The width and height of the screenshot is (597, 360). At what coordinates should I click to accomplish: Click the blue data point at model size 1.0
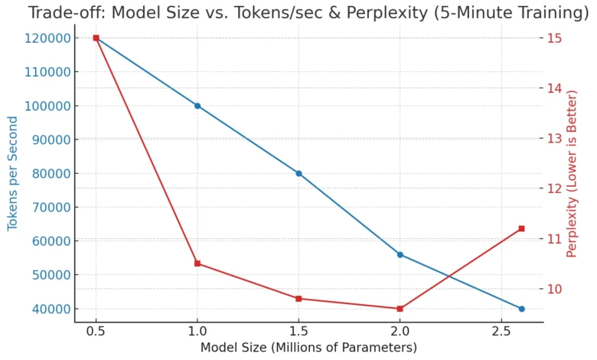pos(197,106)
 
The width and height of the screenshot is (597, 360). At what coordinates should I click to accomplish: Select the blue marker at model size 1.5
pos(298,173)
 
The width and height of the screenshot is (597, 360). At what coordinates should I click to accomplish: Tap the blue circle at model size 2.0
pos(400,254)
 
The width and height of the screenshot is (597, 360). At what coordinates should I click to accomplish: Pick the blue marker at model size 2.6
pos(521,309)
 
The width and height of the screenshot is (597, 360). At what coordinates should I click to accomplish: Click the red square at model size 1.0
pos(197,263)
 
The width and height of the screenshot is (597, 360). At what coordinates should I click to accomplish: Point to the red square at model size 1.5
pos(298,299)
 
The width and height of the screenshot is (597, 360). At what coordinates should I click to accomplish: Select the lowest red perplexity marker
pos(400,309)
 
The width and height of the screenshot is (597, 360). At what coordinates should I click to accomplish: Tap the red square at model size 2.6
pos(521,228)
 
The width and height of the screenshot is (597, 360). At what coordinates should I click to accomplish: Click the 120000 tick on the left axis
pos(47,38)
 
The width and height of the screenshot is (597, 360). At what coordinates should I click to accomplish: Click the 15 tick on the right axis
pos(554,38)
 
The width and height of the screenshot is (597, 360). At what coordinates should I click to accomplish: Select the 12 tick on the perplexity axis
pos(554,188)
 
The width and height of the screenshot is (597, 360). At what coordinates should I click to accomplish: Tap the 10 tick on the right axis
pos(554,289)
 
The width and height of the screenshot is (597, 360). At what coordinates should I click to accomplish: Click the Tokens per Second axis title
pos(13,173)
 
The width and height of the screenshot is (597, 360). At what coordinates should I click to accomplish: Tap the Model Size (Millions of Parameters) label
pos(308,348)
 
